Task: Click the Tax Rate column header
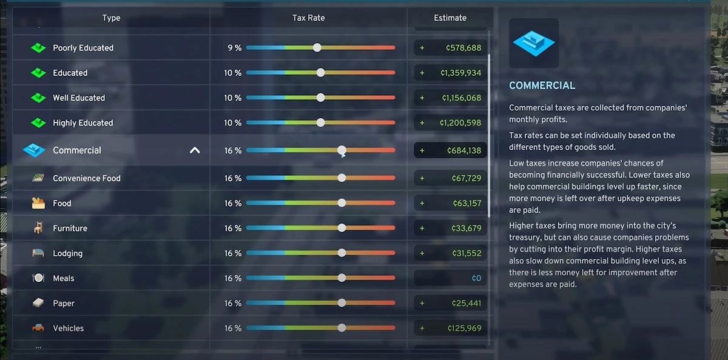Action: (x=308, y=18)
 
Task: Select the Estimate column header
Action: (x=450, y=18)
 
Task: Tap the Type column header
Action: (x=111, y=18)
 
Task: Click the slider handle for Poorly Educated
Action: (x=317, y=47)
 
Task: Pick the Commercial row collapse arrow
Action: (x=195, y=150)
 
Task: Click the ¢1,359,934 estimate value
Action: (x=460, y=73)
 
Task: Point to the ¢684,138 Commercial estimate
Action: (x=463, y=150)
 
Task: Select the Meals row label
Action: (x=63, y=278)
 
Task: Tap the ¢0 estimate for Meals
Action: (x=476, y=278)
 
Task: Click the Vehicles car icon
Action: (x=38, y=328)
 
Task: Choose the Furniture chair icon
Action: (x=38, y=228)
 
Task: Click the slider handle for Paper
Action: (x=342, y=303)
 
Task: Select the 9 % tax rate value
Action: (x=234, y=48)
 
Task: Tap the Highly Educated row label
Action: (x=83, y=123)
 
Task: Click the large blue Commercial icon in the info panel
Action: (x=534, y=43)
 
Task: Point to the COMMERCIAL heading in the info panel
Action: (x=542, y=85)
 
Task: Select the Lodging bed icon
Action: (x=38, y=253)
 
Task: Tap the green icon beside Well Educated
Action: (x=38, y=98)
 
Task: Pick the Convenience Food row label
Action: (x=86, y=178)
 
